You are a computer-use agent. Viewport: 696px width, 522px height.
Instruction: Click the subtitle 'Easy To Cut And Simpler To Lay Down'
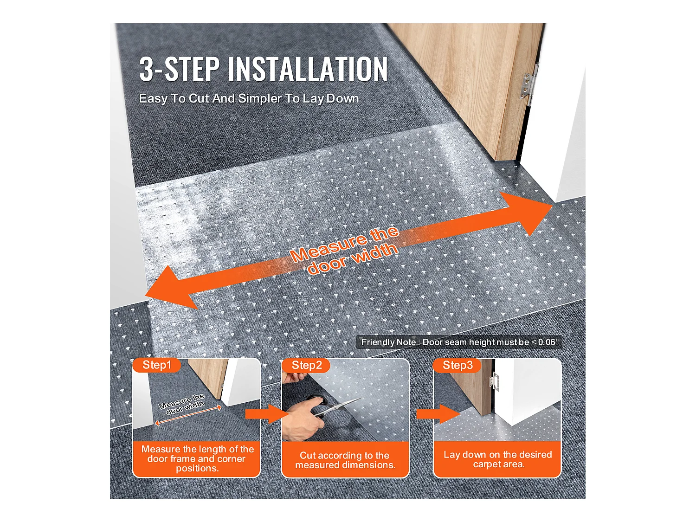pos(249,98)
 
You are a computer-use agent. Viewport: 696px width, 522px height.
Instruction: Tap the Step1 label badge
pos(157,365)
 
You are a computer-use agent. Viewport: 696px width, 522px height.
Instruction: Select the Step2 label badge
pos(306,365)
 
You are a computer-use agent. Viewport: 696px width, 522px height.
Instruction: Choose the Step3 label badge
pos(457,365)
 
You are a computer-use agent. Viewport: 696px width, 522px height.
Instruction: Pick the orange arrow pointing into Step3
pos(438,414)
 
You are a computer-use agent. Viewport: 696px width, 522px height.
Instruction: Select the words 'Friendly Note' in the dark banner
pos(388,342)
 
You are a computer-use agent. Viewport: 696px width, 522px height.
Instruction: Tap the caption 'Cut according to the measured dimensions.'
pos(345,460)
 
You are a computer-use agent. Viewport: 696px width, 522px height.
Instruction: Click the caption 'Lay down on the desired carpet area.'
pos(497,459)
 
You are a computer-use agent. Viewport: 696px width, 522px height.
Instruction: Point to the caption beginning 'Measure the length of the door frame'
pos(197,458)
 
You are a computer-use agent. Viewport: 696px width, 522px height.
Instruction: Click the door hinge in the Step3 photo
pos(493,380)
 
